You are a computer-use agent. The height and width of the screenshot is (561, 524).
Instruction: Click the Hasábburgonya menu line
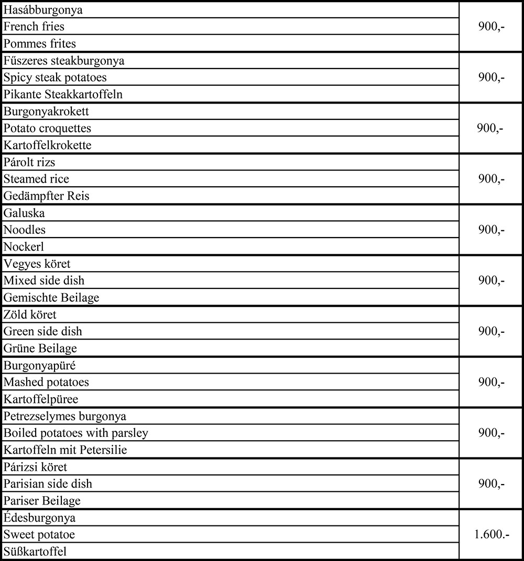tap(43, 10)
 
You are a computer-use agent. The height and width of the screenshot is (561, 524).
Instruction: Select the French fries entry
tap(34, 26)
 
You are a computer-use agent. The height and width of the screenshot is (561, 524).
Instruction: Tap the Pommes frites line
tap(39, 43)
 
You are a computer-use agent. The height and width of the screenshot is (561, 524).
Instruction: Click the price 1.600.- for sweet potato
tap(491, 534)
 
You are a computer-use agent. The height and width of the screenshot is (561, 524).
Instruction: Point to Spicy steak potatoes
tap(55, 77)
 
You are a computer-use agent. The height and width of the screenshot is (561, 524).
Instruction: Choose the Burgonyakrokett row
tap(46, 111)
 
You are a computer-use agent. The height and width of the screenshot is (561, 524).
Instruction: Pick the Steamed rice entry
tap(36, 179)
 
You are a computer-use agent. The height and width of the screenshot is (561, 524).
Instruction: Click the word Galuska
tap(24, 213)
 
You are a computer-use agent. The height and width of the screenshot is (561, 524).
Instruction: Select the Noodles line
tap(25, 230)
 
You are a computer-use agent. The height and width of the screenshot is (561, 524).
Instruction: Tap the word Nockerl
tap(24, 247)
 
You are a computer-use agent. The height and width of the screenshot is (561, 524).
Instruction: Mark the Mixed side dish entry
tap(44, 280)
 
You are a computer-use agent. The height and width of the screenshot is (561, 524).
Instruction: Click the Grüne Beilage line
tap(40, 348)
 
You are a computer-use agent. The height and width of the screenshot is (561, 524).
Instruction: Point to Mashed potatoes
tap(46, 382)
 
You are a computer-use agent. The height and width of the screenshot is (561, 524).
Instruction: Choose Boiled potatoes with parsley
tap(76, 433)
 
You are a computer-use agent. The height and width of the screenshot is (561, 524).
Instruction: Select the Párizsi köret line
tap(36, 467)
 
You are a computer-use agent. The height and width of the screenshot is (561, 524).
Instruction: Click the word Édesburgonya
tap(40, 518)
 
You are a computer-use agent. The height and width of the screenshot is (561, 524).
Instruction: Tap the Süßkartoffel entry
tap(36, 552)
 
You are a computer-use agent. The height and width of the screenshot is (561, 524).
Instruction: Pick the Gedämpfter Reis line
tap(47, 196)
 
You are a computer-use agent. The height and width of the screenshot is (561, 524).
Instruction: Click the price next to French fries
tap(491, 26)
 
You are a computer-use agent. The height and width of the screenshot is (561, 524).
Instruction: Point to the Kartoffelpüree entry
tap(41, 399)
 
